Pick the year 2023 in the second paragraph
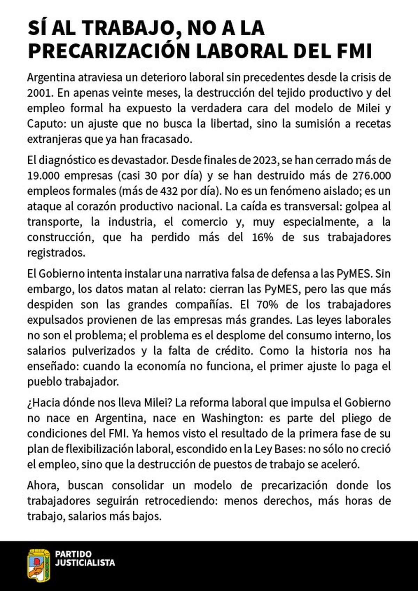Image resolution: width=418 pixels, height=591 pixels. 265,160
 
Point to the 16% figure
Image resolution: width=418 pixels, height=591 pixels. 262,237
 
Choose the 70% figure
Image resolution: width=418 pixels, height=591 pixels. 267,304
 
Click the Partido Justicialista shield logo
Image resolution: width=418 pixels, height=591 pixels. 39,566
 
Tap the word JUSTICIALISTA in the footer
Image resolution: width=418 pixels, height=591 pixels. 85,563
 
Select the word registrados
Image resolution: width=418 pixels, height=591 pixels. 56,253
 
